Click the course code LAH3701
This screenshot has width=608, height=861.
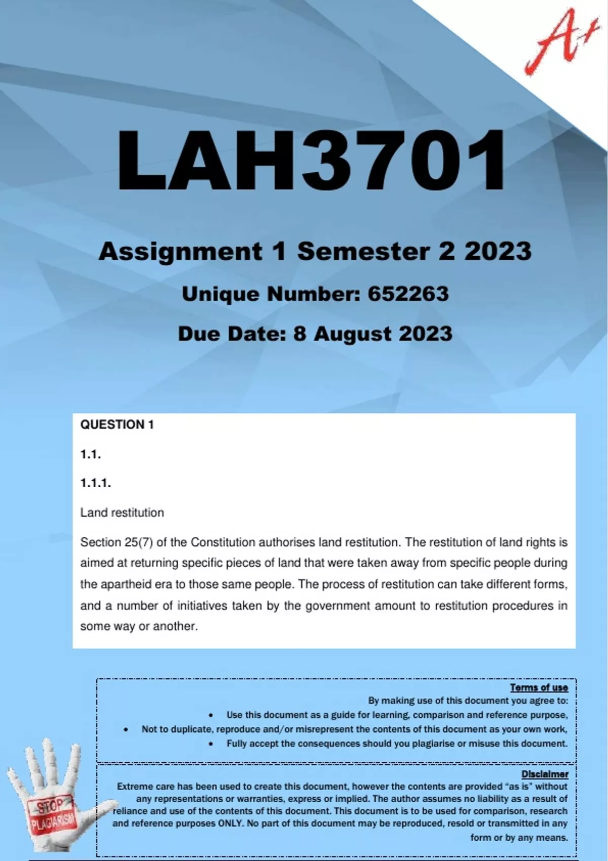(x=311, y=161)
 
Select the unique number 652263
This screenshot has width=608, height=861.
(x=408, y=294)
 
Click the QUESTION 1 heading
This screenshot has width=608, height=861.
(x=117, y=424)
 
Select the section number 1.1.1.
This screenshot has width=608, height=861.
(x=95, y=483)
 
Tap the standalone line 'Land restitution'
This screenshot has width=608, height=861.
(x=122, y=513)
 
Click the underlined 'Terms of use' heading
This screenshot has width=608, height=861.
(x=539, y=687)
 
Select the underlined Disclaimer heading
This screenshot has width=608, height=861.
(x=545, y=774)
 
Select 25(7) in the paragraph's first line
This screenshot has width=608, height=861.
(x=138, y=542)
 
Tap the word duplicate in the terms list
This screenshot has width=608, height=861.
(x=187, y=729)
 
